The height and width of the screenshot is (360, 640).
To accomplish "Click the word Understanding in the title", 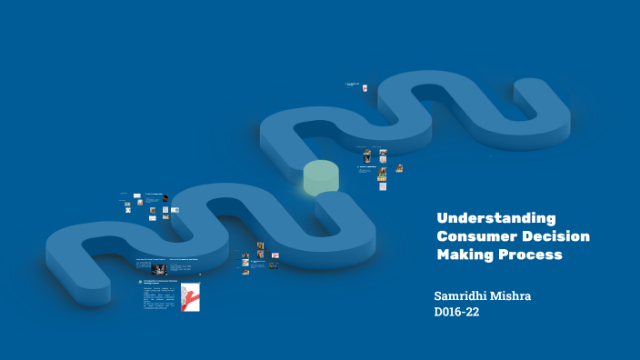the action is (495, 218).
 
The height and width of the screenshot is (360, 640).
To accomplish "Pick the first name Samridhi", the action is (467, 296).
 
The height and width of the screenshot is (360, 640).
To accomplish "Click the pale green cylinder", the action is (321, 177).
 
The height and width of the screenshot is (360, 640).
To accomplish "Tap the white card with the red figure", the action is (190, 297).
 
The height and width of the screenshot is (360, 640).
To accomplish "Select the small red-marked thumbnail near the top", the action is (365, 88).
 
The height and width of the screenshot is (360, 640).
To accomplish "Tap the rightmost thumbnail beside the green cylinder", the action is (399, 168).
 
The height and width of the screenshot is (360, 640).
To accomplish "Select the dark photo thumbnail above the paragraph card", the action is (158, 269).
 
